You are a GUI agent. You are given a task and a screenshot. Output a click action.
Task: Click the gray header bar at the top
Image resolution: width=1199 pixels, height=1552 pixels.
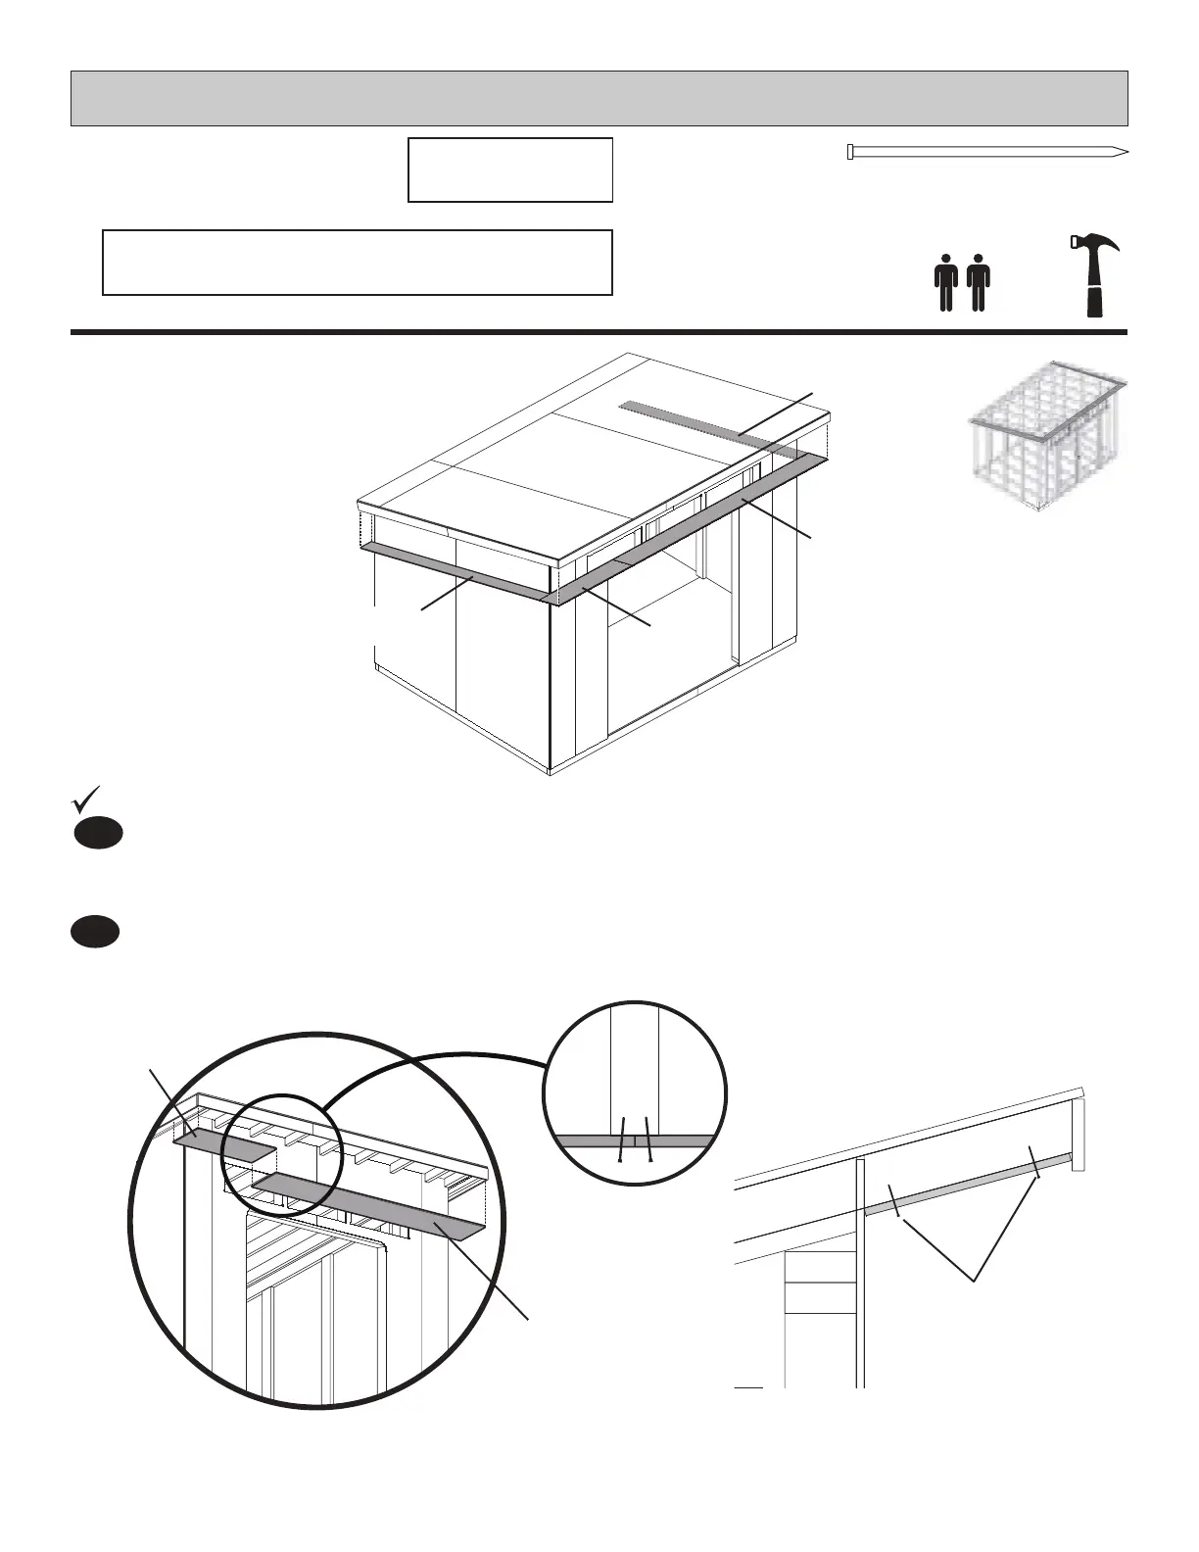599,98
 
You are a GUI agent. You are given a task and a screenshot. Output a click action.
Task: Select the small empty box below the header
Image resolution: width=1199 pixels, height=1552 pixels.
509,170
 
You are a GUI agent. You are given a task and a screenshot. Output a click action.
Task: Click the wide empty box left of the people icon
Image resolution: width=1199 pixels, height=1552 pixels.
357,262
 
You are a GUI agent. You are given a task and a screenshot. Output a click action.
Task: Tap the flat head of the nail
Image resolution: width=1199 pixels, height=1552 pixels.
850,152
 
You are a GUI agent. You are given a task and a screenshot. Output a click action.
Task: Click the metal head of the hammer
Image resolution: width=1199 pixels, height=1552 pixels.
1088,243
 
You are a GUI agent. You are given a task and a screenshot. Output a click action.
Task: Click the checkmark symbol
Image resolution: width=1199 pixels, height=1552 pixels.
86,799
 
